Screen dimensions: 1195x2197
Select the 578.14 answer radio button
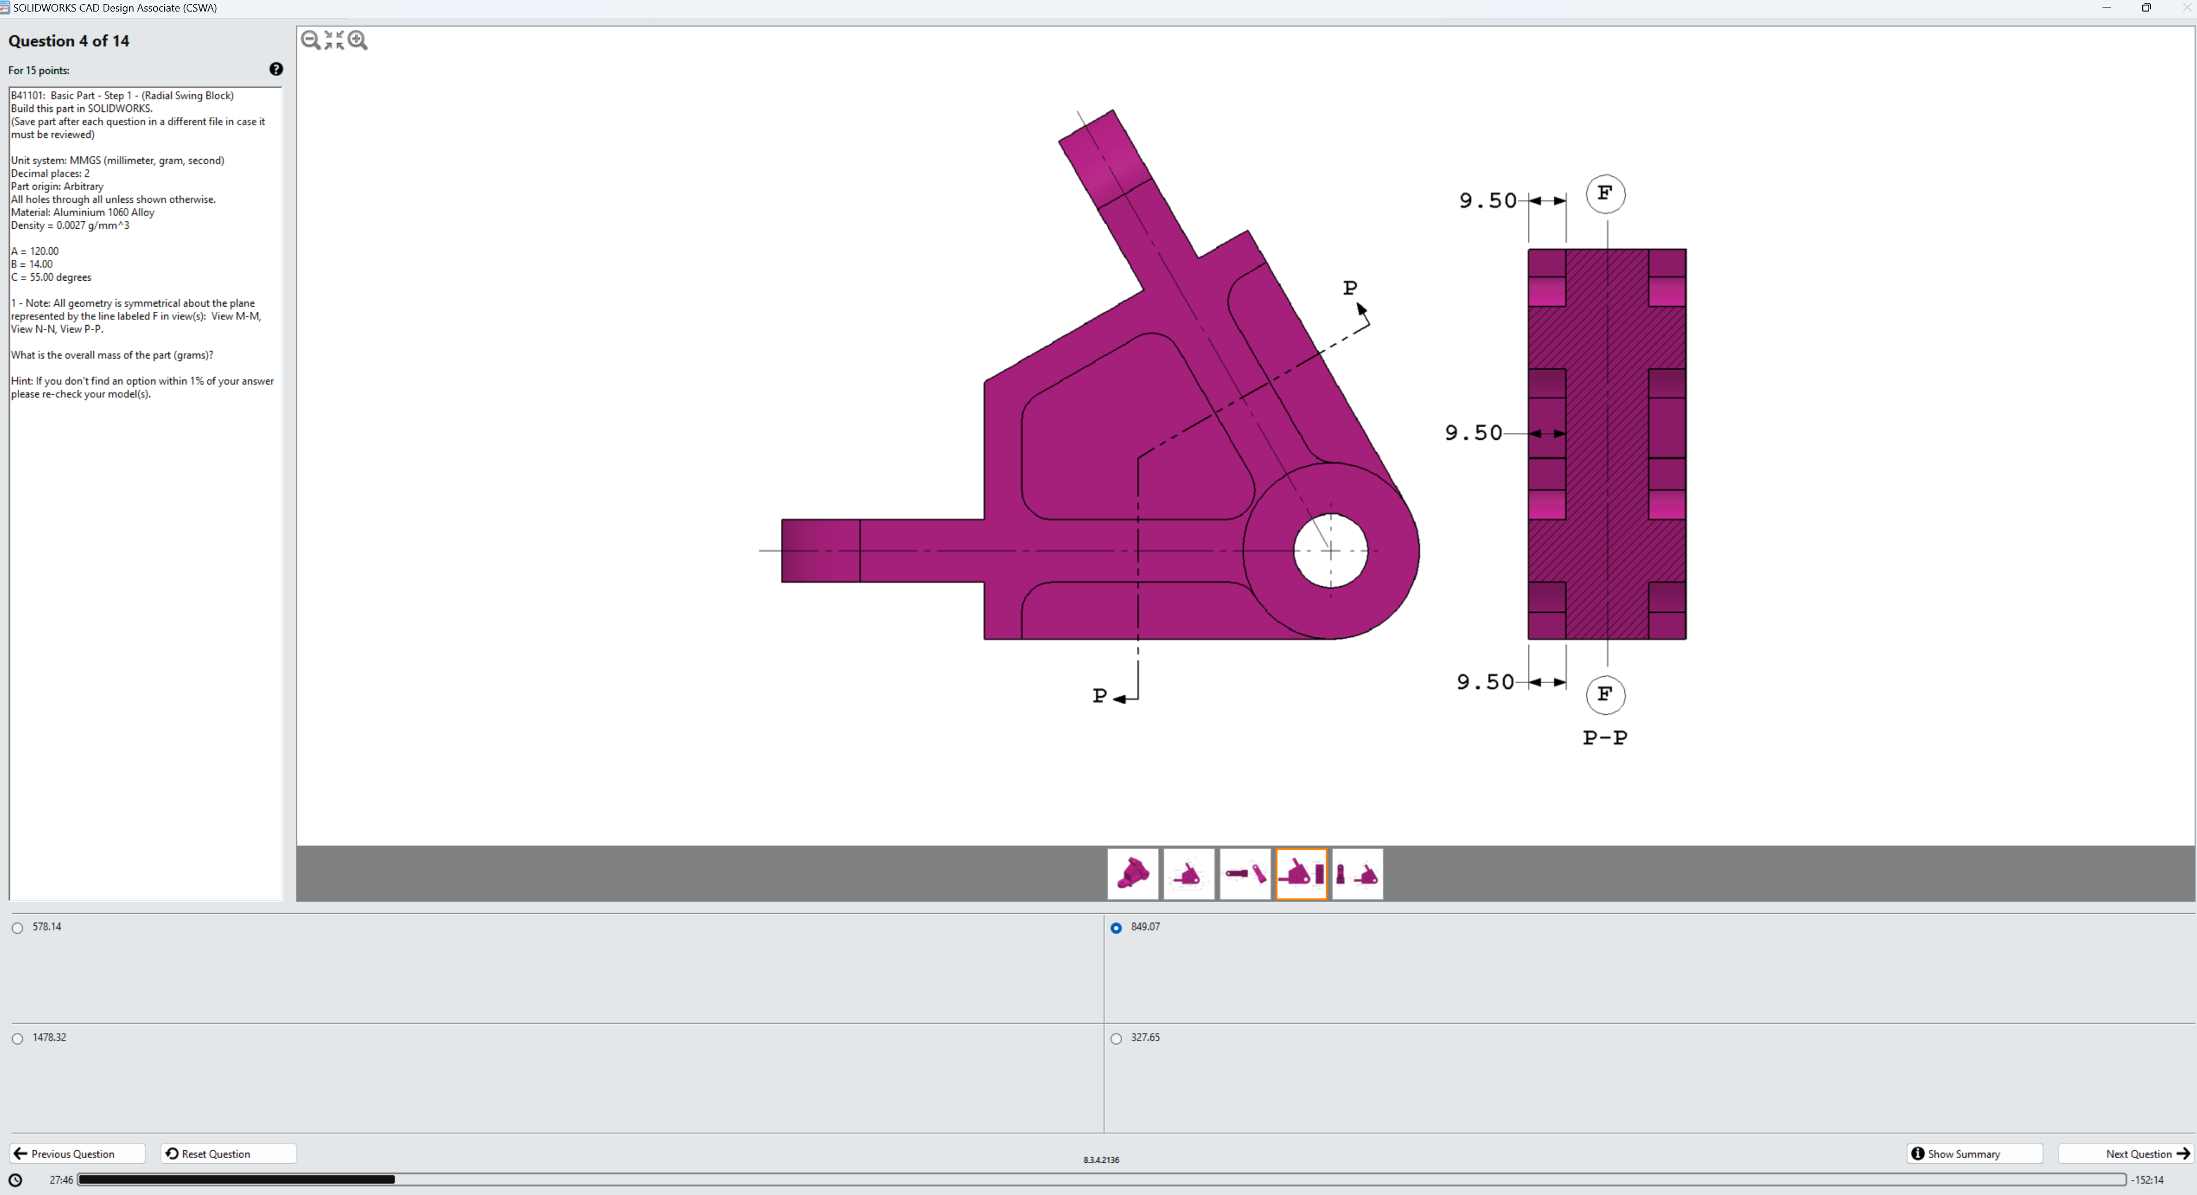pos(18,928)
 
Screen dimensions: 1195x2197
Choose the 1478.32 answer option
pos(18,1039)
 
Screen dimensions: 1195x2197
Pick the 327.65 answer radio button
pos(1116,1039)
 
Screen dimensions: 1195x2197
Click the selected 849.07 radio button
pos(1116,928)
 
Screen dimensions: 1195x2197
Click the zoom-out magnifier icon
pos(311,40)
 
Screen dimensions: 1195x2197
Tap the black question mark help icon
pos(276,69)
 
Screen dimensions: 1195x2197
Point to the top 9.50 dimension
pos(1488,201)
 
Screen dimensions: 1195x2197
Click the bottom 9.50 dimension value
pos(1485,683)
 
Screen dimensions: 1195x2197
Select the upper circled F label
pos(1605,194)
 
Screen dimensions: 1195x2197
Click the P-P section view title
pos(1605,738)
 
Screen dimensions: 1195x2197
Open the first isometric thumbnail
pos(1133,873)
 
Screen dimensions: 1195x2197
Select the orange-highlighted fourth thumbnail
pos(1301,873)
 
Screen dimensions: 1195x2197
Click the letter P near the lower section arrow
pos(1099,696)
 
